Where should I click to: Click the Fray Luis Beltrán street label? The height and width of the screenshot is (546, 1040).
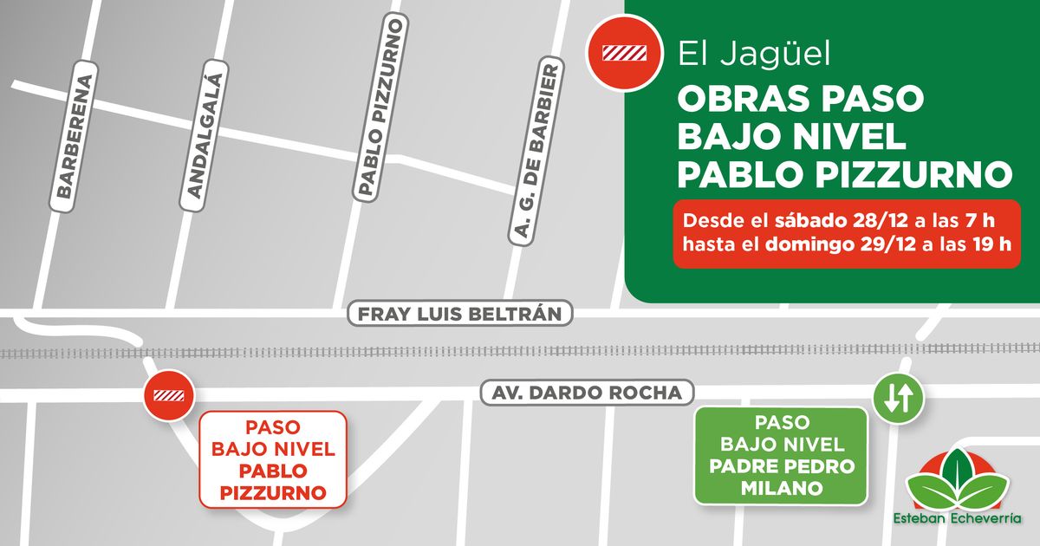coord(460,314)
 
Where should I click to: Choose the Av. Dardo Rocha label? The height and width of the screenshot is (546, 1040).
coord(588,392)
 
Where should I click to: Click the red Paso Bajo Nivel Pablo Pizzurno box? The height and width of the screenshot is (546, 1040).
coord(273,459)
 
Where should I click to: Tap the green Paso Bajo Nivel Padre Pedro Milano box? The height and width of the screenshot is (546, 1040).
coord(781,455)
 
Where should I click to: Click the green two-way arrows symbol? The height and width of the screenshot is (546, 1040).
coord(898,398)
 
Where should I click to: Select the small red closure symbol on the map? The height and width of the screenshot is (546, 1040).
coord(169,395)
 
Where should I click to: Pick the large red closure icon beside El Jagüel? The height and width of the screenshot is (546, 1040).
coord(625,54)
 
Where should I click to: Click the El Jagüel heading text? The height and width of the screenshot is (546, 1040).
coord(754,55)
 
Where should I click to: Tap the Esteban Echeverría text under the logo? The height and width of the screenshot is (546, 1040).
coord(957,519)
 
